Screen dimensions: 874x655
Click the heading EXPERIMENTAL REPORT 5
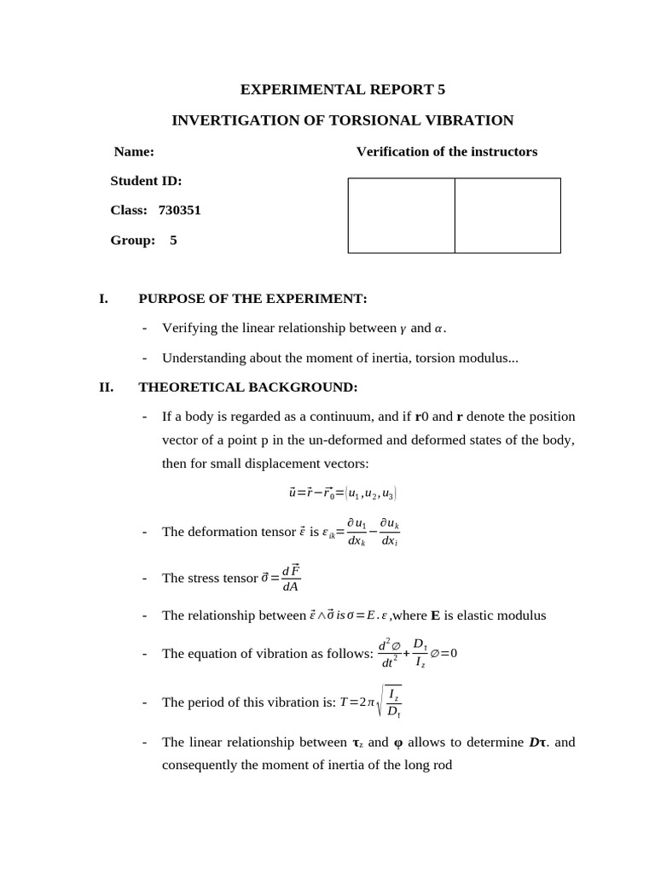342,90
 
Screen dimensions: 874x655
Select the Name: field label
134,151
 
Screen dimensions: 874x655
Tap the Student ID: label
146,181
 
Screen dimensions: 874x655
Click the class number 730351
180,210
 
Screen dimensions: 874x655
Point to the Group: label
132,240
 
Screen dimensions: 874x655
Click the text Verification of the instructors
446,151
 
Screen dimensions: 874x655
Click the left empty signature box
401,215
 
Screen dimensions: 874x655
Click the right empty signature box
507,215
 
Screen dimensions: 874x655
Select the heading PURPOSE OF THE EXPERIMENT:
252,298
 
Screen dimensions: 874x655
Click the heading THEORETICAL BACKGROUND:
247,387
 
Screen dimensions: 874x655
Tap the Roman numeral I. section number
104,298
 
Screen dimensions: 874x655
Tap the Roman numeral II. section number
107,387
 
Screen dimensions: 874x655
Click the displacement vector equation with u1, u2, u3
342,492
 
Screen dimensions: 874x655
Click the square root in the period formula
391,702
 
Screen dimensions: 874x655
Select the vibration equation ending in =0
417,654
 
